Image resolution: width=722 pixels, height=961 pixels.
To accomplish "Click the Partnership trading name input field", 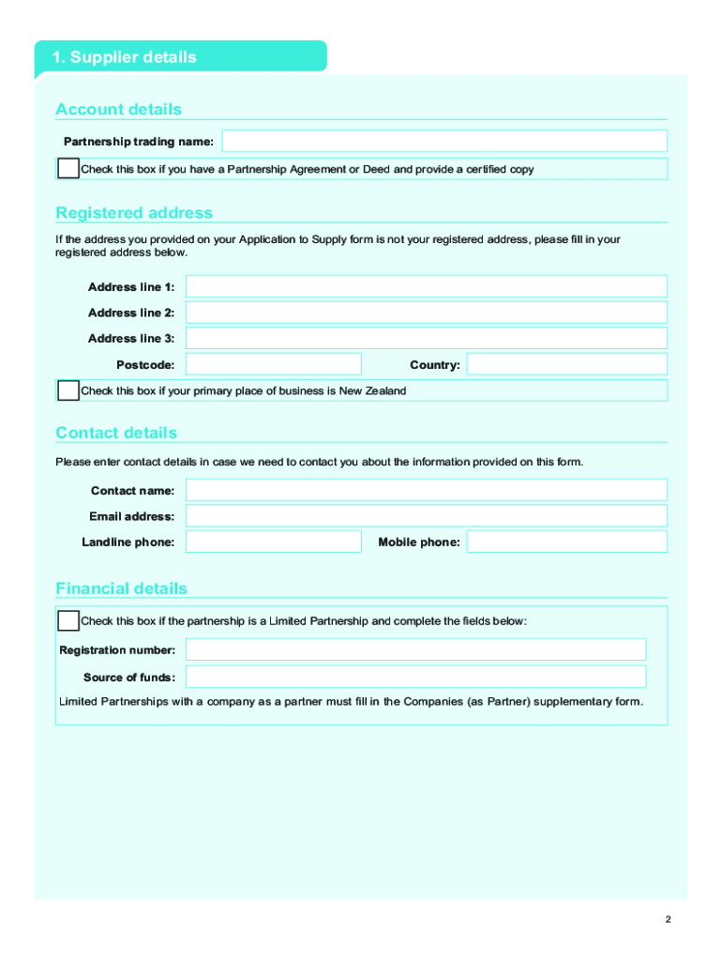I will pos(444,142).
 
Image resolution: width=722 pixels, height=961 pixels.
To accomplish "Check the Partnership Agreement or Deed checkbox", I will pos(68,169).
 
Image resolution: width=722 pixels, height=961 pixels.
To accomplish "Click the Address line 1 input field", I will pos(427,286).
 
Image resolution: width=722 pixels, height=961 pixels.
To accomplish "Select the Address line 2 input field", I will pos(427,313).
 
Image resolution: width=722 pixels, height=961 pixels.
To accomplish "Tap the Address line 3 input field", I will pos(427,338).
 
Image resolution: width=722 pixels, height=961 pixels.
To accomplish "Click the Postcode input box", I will pos(273,364).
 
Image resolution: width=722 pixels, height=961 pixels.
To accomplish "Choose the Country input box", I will pos(566,364).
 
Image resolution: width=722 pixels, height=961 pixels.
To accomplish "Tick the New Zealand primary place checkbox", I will pos(68,390).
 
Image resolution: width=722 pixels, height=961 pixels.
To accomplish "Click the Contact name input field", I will pos(427,490).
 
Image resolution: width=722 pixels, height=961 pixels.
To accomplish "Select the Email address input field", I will pos(427,516).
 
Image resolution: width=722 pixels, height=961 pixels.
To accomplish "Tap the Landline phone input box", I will pos(273,542).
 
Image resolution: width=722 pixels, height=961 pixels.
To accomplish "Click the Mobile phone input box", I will pos(566,542).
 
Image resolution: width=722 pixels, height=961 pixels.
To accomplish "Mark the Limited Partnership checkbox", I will pos(68,620).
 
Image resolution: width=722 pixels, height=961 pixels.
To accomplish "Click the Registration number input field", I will pos(415,649).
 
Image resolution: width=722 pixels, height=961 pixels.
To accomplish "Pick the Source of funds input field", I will pos(415,677).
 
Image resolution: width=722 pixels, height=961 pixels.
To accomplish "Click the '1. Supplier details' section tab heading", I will pos(125,57).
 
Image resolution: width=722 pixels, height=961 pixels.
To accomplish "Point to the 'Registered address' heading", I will pos(134,213).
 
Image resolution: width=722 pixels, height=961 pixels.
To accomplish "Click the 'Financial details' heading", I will pos(121,588).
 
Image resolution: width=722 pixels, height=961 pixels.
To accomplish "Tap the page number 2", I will pos(668,920).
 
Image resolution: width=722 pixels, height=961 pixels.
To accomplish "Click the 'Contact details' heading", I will pos(116,433).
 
